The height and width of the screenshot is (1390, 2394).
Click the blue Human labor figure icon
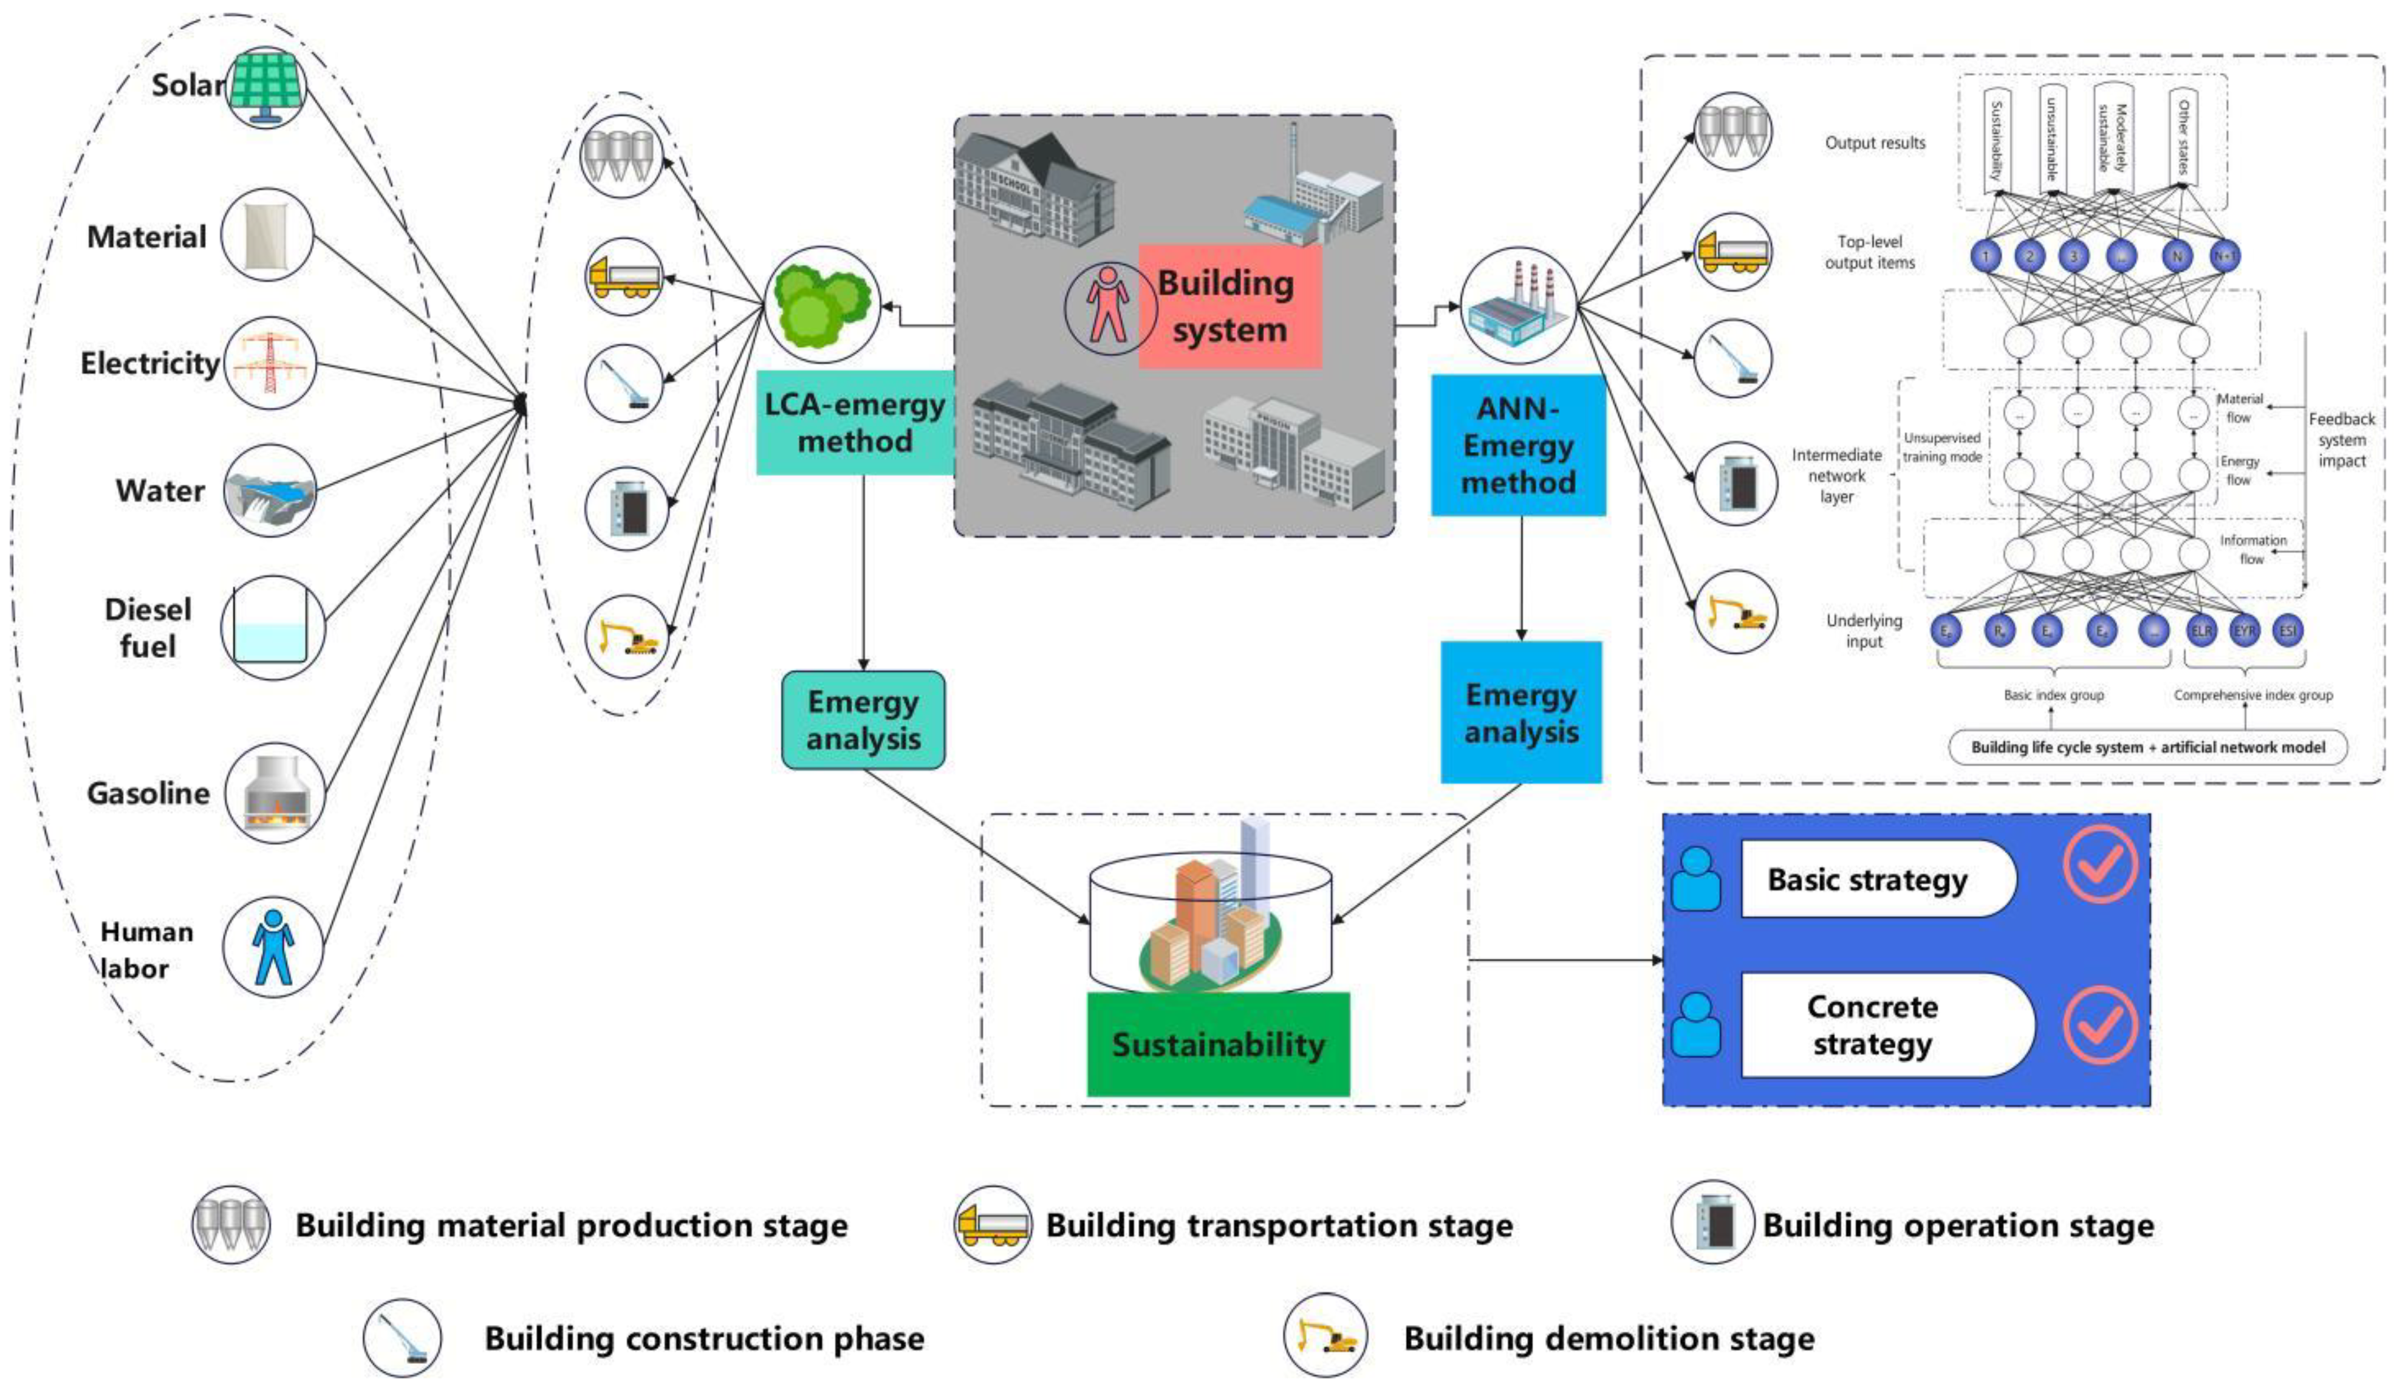tap(273, 947)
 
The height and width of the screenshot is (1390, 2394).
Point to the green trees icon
tap(822, 303)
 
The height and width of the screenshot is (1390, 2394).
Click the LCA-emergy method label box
tap(855, 423)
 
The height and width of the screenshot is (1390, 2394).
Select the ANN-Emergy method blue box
tap(1518, 445)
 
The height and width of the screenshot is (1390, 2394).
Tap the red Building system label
tap(1229, 306)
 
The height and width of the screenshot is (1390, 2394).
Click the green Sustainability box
tap(1218, 1044)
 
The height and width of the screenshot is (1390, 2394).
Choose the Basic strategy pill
tap(1876, 879)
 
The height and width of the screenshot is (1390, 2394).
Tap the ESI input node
tap(2288, 631)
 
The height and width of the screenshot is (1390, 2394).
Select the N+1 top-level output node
tap(2225, 256)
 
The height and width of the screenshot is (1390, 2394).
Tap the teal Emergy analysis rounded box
tap(863, 720)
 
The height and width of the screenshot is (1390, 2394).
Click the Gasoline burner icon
tap(273, 792)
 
